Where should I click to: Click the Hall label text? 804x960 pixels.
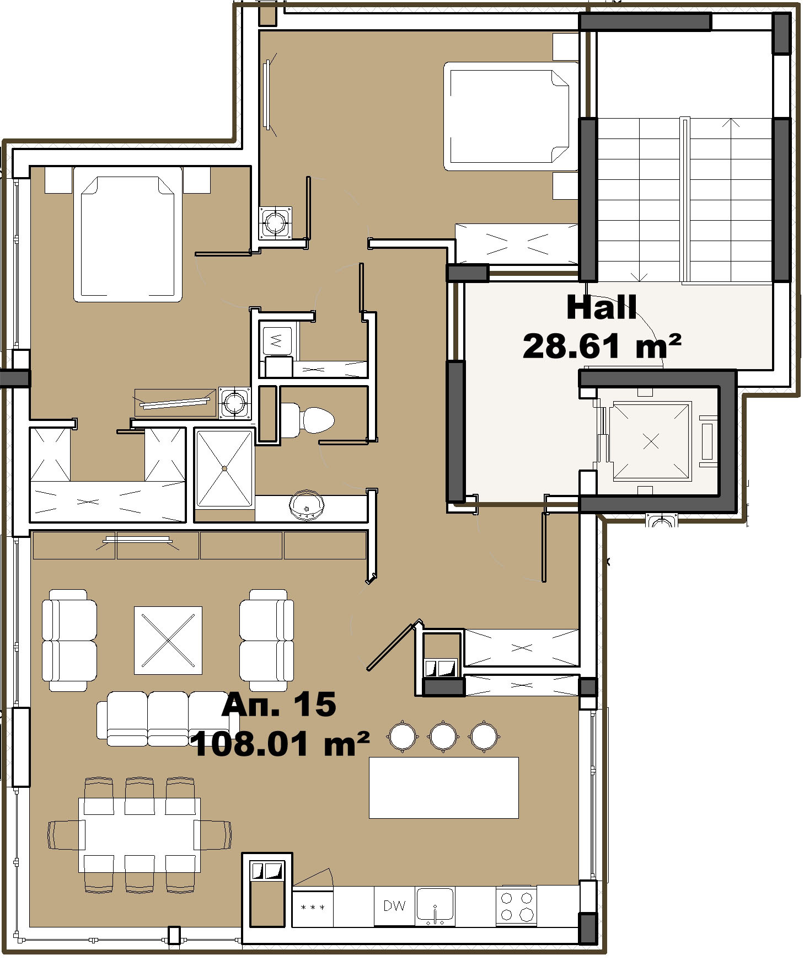tap(601, 307)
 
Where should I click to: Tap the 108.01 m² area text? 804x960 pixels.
tap(280, 744)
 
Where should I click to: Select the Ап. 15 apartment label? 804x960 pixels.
tap(278, 705)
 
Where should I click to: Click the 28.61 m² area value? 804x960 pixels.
tap(601, 346)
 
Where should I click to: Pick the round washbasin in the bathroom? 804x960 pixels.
tap(306, 504)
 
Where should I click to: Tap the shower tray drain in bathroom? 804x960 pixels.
tap(224, 468)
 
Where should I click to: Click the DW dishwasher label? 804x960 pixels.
tap(394, 906)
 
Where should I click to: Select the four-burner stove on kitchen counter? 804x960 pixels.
tap(516, 906)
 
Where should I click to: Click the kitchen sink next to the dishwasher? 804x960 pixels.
tap(435, 905)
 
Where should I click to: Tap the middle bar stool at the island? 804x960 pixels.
tap(443, 735)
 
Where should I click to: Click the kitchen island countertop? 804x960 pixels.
tap(443, 787)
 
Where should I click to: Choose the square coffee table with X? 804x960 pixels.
tap(168, 640)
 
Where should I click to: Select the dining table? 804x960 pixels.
tap(139, 835)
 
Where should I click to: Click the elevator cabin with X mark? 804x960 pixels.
tap(651, 441)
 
